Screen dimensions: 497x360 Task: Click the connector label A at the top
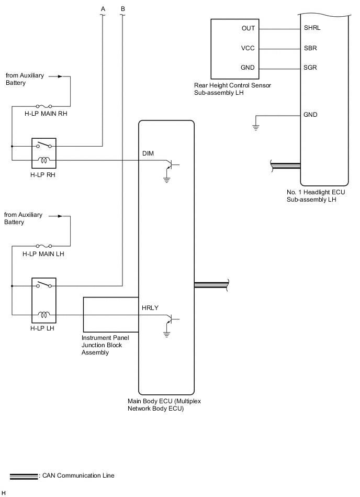(103, 8)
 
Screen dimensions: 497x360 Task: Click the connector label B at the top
(122, 8)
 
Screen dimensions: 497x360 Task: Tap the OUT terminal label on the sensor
(248, 28)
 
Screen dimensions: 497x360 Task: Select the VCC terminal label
(248, 48)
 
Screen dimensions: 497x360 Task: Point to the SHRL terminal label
(312, 28)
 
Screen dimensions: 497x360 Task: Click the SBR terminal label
(310, 48)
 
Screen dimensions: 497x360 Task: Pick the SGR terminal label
(310, 68)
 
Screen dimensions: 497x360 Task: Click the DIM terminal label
(148, 153)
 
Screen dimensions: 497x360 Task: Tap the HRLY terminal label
(150, 308)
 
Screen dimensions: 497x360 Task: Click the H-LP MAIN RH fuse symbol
(44, 106)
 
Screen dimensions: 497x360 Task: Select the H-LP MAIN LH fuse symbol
(44, 246)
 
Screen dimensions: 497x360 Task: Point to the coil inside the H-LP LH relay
(44, 315)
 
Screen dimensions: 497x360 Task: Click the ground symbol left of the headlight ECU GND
(256, 126)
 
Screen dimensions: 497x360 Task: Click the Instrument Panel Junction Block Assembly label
(105, 345)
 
